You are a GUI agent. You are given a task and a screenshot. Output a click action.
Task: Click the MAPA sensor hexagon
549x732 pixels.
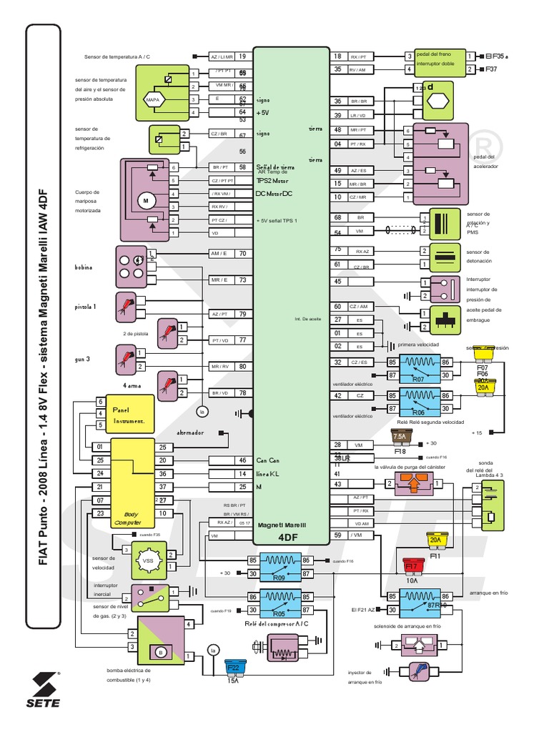pos(152,99)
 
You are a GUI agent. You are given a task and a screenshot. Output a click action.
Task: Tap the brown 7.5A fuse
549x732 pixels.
pos(399,437)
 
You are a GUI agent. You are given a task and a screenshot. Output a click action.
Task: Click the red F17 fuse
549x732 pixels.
pos(411,566)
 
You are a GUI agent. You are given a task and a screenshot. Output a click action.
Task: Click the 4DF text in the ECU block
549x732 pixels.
pos(287,536)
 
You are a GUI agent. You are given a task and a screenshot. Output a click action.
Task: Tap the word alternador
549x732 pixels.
pos(191,433)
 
